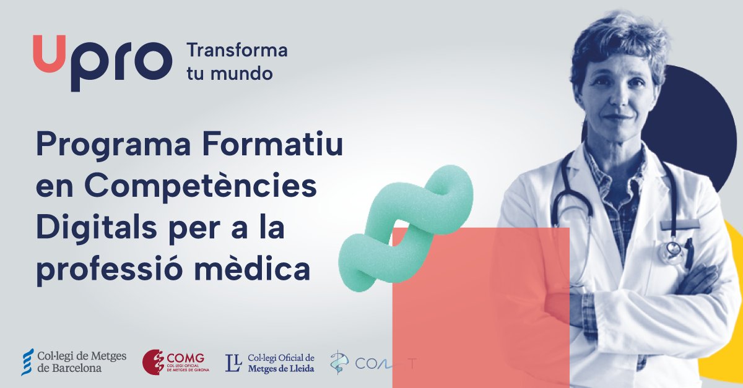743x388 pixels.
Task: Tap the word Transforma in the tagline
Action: [237, 50]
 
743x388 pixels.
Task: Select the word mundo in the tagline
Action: [246, 74]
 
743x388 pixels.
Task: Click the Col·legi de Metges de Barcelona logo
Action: [74, 362]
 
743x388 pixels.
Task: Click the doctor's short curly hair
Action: [619, 37]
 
